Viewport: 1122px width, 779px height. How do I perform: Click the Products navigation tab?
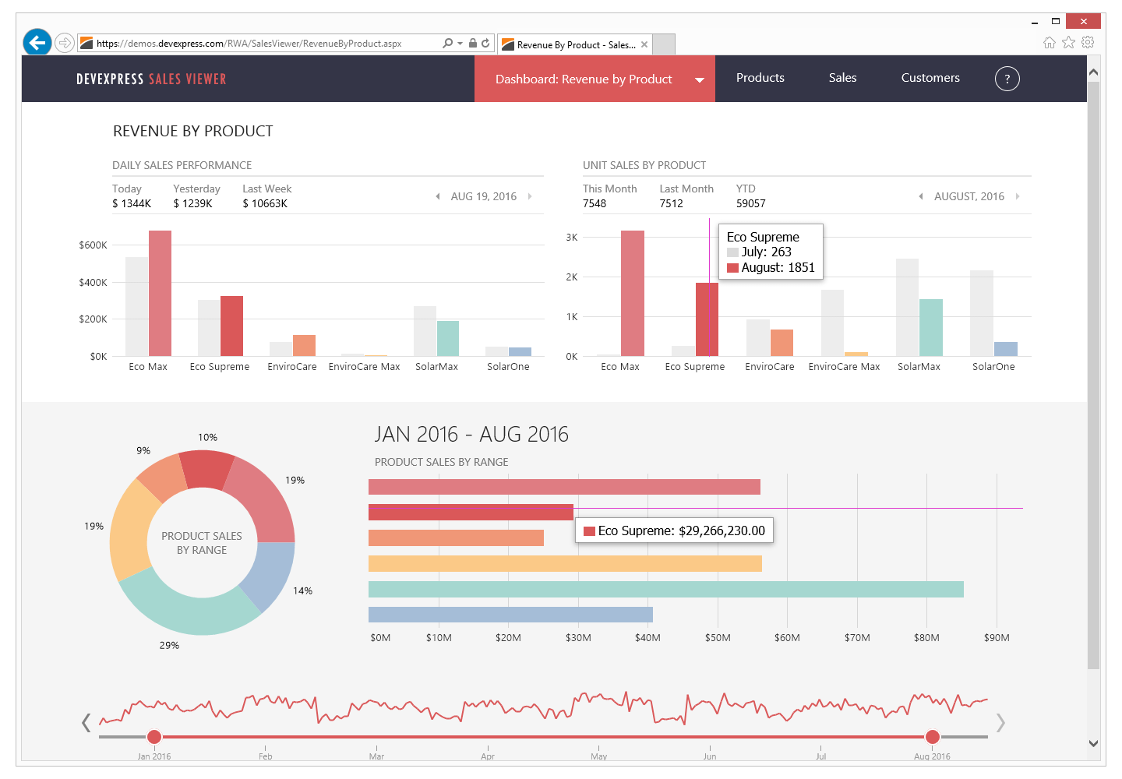(x=760, y=78)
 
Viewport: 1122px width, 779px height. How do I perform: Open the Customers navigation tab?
(x=930, y=78)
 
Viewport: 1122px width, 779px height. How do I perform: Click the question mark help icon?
(x=1007, y=79)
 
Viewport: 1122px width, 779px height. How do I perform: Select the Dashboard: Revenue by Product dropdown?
(x=594, y=79)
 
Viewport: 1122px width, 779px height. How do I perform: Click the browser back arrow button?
(x=37, y=42)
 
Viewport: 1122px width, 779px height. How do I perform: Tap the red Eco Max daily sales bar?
(x=160, y=293)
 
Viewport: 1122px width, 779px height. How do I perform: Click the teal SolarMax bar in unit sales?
(x=930, y=327)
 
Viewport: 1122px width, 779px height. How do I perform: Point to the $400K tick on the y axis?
(x=93, y=282)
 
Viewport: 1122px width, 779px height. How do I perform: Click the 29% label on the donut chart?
(x=169, y=645)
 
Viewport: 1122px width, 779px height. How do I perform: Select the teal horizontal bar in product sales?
(x=665, y=589)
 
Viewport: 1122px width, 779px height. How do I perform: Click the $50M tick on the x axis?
(x=717, y=637)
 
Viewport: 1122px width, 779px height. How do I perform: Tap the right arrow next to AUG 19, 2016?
(x=530, y=196)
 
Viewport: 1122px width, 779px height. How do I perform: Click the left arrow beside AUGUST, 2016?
(x=921, y=196)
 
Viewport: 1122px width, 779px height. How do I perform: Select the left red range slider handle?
(x=154, y=736)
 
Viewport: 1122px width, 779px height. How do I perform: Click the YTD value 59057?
(x=750, y=203)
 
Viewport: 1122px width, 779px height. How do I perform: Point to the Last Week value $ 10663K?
(x=265, y=203)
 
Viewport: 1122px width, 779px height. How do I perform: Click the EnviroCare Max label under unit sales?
(x=844, y=366)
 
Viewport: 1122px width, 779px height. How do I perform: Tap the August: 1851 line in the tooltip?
(x=777, y=267)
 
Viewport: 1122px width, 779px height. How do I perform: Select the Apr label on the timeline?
(x=488, y=756)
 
